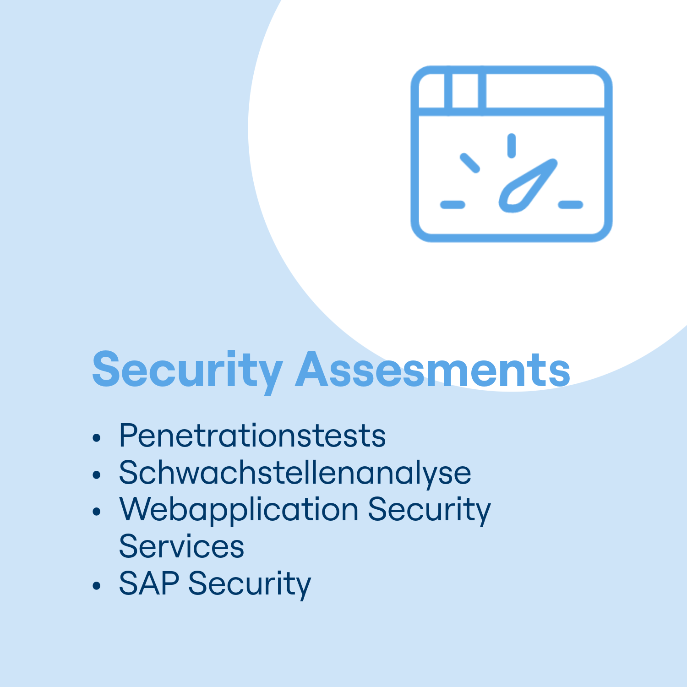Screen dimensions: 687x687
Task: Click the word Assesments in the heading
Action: coord(433,370)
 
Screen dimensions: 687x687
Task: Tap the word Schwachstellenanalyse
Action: coord(295,473)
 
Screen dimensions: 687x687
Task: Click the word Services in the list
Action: coord(181,546)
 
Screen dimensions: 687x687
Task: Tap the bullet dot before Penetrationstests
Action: coord(96,437)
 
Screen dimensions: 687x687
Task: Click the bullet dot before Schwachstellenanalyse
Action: coord(96,475)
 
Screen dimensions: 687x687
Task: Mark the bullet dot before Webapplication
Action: coord(96,512)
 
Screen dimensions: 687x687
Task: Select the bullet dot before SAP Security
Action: coord(96,586)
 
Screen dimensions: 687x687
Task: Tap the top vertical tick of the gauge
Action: coord(512,146)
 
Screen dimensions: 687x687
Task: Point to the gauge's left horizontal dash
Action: coord(453,205)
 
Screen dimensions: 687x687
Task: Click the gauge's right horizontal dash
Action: coord(571,205)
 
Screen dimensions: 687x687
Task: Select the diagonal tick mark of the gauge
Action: coord(470,163)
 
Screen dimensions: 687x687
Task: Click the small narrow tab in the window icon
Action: coord(465,91)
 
